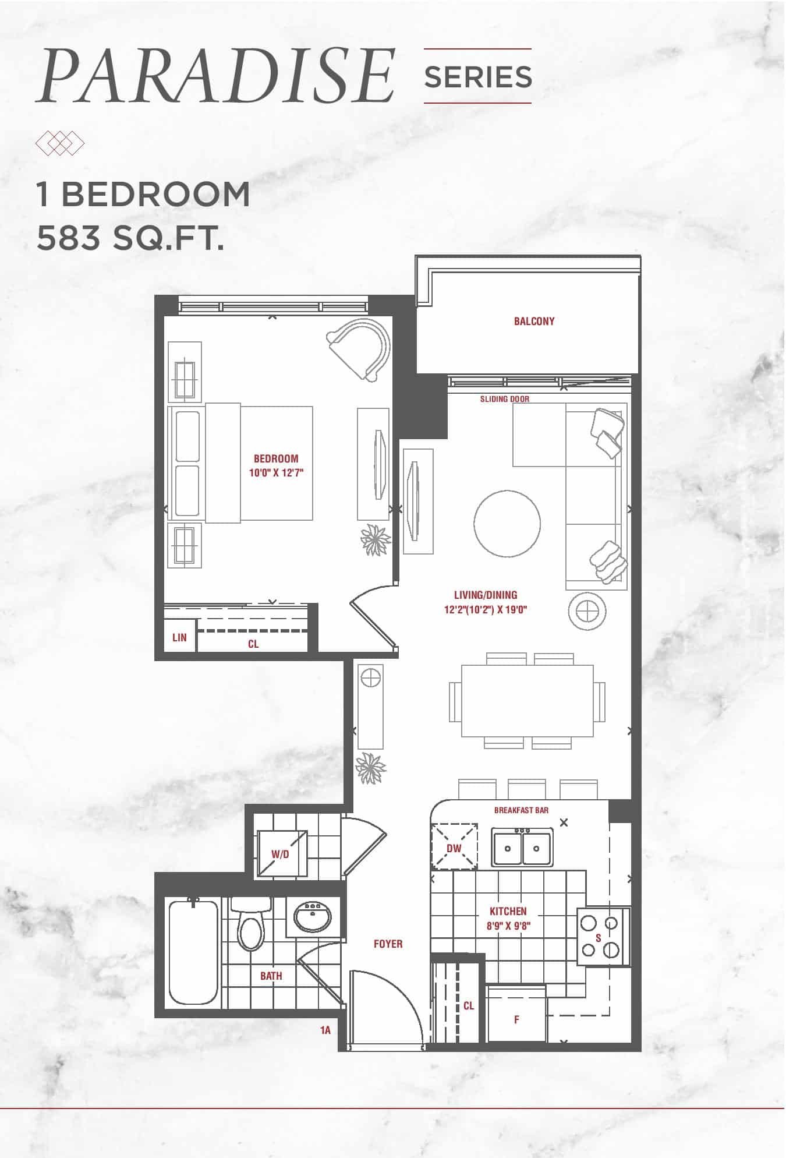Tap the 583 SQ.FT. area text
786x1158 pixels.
130,238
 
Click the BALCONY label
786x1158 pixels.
534,321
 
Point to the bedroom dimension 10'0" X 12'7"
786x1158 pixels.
277,473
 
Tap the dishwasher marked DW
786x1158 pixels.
454,848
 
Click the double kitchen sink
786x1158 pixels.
522,847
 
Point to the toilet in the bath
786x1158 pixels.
251,924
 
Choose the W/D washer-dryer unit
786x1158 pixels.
281,853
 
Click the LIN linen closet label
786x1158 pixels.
179,637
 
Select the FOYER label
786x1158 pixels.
388,944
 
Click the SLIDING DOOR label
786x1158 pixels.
505,399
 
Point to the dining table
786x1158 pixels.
527,701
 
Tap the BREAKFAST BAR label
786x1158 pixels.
521,810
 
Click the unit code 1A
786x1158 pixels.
325,1030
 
